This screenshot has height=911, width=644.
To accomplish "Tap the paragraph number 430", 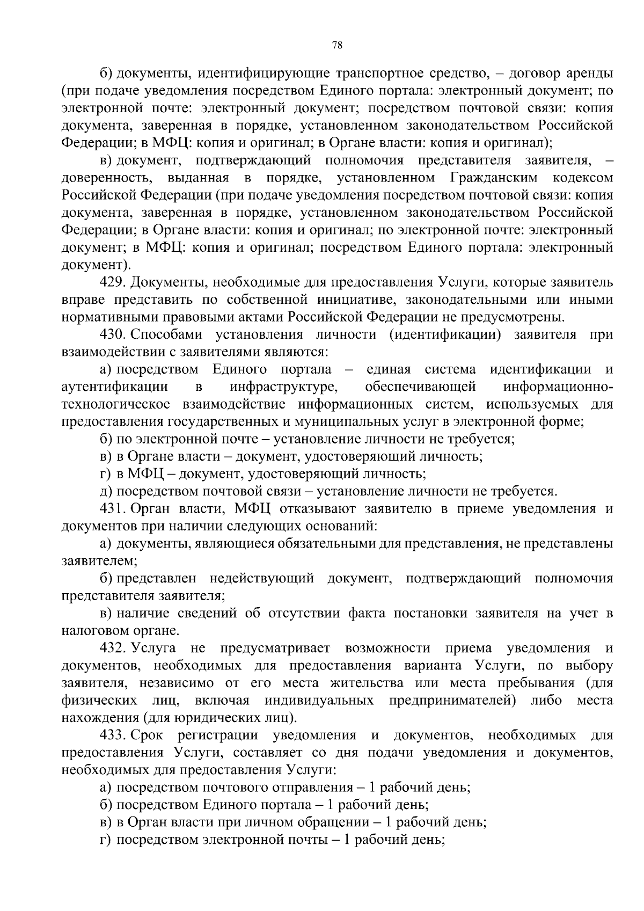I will [112, 335].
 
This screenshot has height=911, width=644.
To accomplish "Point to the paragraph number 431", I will [112, 509].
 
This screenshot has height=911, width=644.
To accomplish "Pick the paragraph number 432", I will [112, 648].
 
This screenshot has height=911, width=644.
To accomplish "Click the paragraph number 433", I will [112, 735].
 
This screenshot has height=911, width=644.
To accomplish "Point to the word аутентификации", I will [115, 387].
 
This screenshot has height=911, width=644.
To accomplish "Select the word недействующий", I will [262, 579].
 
